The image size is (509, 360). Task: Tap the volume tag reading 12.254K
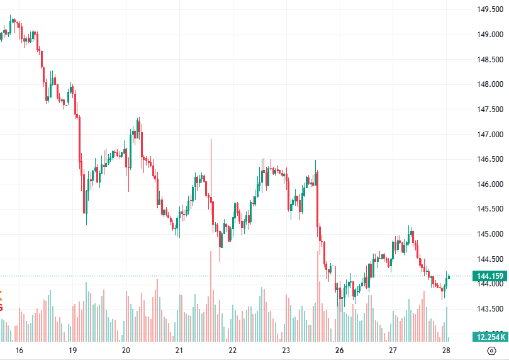[x=490, y=337]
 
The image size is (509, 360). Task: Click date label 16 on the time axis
[x=19, y=351]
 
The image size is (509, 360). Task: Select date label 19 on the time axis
[x=72, y=351]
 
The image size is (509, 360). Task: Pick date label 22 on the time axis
[x=232, y=351]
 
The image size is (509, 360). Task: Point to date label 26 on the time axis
[x=339, y=351]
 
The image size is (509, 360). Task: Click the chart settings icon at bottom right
[x=491, y=351]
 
